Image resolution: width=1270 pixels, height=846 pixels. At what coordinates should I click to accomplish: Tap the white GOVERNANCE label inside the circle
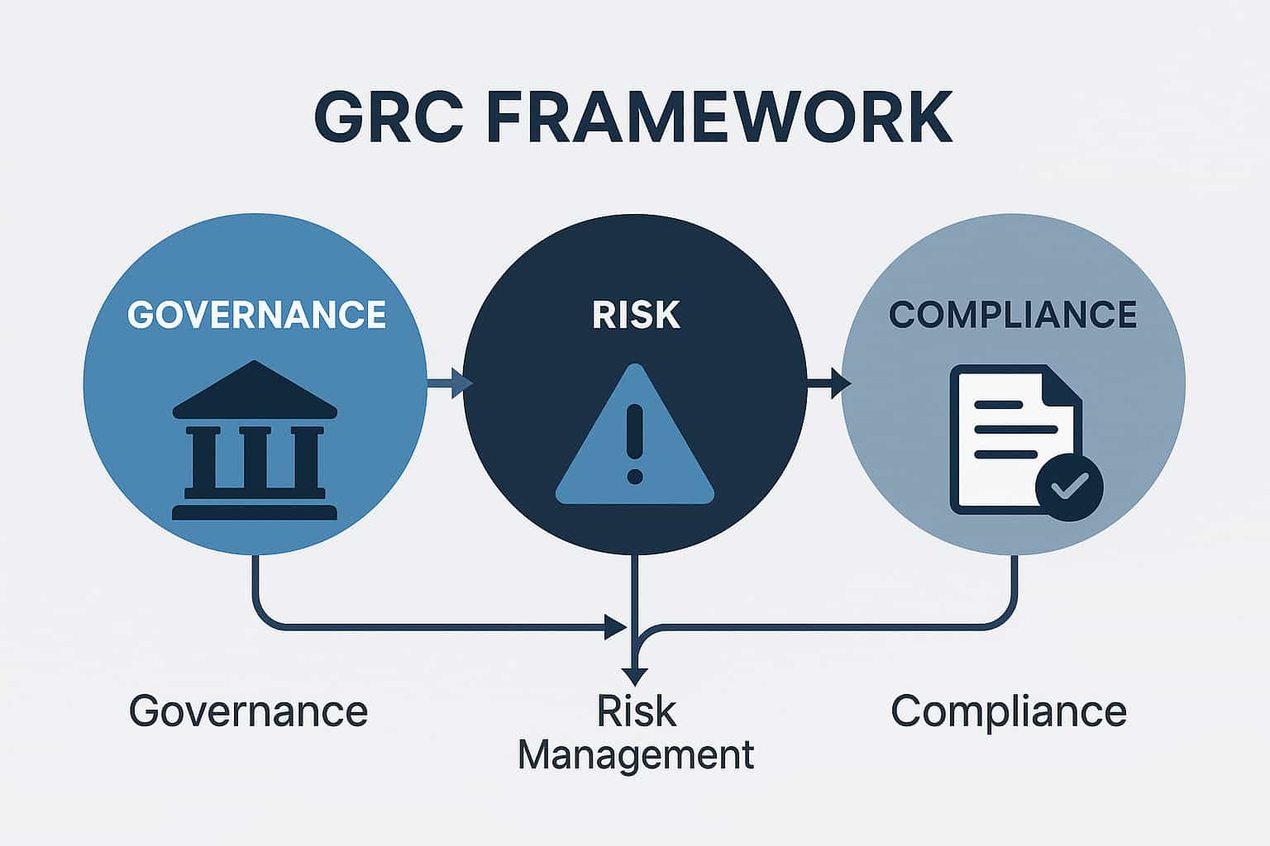coord(256,315)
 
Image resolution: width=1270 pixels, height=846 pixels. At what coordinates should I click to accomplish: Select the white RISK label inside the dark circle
coord(636,315)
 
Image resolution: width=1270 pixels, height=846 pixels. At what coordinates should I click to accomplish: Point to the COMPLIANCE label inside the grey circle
coord(1013,315)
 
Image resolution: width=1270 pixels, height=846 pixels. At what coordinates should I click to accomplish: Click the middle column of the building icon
coord(254,458)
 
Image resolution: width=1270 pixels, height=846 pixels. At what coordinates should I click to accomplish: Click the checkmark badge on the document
coord(1069,487)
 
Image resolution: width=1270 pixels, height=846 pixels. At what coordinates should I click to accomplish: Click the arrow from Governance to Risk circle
coord(451,383)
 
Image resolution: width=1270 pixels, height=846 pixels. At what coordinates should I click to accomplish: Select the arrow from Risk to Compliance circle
coord(829,383)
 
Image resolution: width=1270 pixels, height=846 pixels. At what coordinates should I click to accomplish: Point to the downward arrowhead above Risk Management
coord(634,676)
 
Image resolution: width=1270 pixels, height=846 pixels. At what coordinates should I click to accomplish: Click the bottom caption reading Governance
coord(248,711)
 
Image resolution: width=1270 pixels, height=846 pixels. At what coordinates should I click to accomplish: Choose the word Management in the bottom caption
coord(636,754)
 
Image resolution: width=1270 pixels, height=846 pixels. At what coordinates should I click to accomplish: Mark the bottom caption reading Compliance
coord(1009,711)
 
